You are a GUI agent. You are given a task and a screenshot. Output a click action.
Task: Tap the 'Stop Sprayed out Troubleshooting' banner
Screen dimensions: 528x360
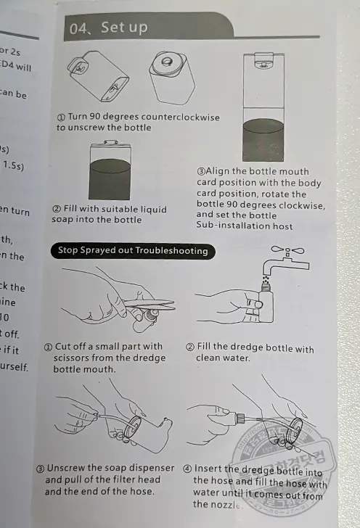[x=133, y=251]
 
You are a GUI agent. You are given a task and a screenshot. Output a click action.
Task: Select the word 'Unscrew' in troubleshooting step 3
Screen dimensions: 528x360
[x=76, y=468]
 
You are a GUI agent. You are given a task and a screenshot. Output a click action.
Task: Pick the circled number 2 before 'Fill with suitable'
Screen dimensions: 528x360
[x=57, y=210]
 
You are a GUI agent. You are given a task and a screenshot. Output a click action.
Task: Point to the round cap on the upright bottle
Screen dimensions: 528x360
[x=169, y=61]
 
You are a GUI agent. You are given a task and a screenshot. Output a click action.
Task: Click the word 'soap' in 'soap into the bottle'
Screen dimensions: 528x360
[x=64, y=220]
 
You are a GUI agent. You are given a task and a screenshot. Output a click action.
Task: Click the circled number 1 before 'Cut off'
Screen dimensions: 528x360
[x=49, y=347]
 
